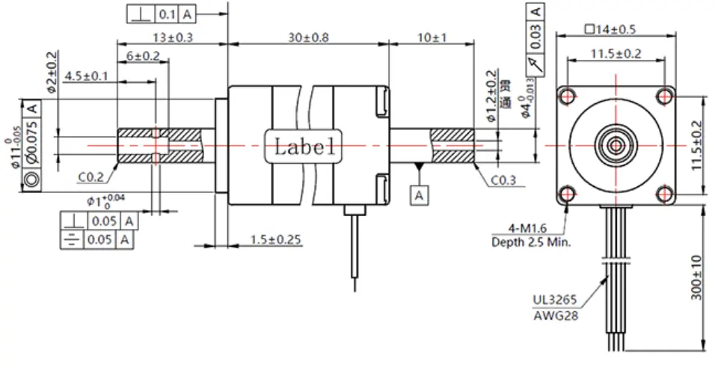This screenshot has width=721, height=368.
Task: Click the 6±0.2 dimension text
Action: [143, 56]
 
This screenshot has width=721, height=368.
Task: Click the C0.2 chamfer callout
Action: [91, 178]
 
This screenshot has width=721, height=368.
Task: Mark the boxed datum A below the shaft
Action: [420, 194]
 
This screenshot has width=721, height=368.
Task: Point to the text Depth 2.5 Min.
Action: [531, 242]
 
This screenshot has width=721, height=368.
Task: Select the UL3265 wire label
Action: [554, 301]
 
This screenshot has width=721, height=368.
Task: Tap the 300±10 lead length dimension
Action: [696, 277]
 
